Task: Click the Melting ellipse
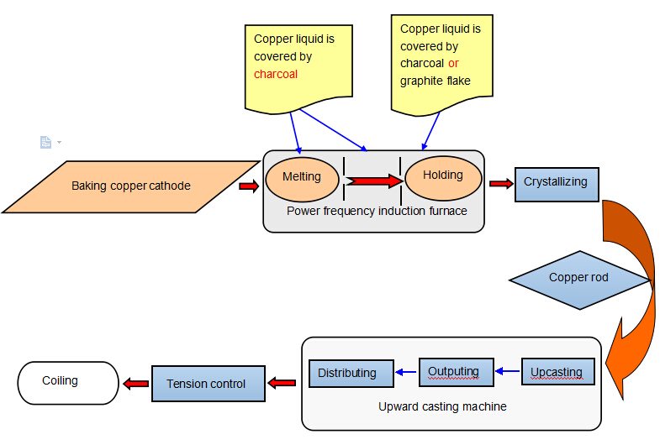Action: [x=303, y=178]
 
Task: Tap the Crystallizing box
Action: [x=556, y=182]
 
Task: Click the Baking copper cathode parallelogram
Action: [x=130, y=186]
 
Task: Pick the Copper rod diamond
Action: [x=579, y=278]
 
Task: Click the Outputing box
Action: [x=453, y=372]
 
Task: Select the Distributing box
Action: [x=351, y=374]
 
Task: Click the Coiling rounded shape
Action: [x=68, y=382]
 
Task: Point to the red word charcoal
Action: [x=276, y=74]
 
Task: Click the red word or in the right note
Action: [x=453, y=63]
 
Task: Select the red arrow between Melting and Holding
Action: [x=373, y=180]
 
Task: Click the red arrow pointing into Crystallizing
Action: [x=501, y=184]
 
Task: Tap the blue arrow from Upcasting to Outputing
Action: [x=507, y=369]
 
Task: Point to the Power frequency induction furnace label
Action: [x=376, y=212]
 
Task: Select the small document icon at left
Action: [x=46, y=142]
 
